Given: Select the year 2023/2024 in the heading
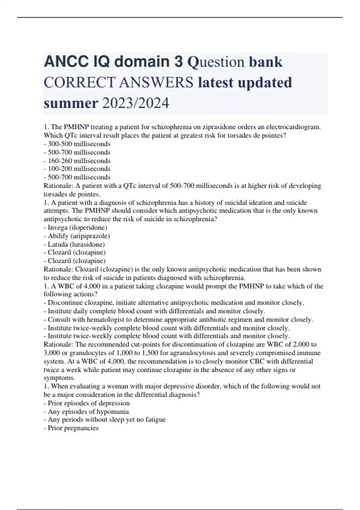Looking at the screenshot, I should tap(136, 103).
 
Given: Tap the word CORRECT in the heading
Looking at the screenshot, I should tap(79, 82).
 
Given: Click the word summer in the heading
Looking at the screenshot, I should tap(71, 103).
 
